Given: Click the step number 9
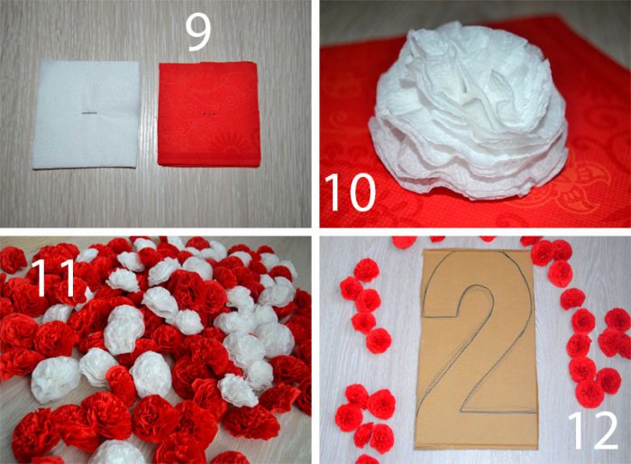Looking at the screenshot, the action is [x=197, y=33].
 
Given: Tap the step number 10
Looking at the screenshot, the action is [x=350, y=192].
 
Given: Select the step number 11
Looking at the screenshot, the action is [x=53, y=278].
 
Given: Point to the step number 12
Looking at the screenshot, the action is [x=593, y=431].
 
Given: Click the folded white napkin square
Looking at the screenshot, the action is [x=87, y=115].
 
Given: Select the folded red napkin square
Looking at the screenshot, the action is [x=209, y=114].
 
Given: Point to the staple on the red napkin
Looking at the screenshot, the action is [x=207, y=114].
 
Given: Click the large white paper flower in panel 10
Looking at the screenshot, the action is [x=468, y=111].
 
